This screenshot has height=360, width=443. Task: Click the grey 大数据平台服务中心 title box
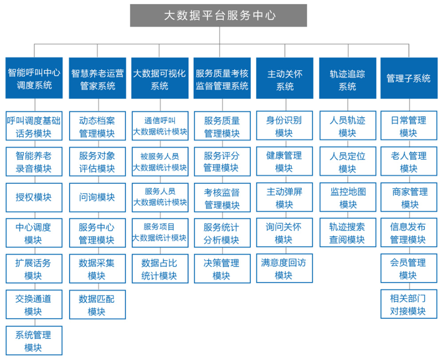(218, 15)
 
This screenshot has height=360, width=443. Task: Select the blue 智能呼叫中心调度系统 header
(34, 78)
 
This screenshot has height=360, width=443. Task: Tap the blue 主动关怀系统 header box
(285, 78)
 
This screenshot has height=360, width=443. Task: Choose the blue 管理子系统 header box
(409, 78)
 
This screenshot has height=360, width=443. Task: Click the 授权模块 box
(34, 197)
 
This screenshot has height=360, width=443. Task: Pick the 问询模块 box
(97, 197)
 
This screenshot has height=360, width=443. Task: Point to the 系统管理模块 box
(34, 340)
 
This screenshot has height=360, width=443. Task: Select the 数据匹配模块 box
(97, 305)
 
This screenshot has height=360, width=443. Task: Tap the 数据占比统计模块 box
(160, 269)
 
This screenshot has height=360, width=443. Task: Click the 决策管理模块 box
(222, 269)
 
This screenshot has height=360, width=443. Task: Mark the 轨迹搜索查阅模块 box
(348, 232)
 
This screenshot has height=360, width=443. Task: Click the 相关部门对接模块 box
(409, 304)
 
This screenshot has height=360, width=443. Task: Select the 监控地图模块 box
(348, 197)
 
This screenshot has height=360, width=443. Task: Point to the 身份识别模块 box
(284, 125)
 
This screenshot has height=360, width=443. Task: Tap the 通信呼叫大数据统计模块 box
(160, 126)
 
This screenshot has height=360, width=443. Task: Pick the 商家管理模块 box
(409, 197)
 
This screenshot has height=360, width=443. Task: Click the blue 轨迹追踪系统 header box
(347, 78)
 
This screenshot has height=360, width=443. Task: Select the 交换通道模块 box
(34, 305)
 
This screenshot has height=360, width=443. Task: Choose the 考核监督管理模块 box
(222, 197)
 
